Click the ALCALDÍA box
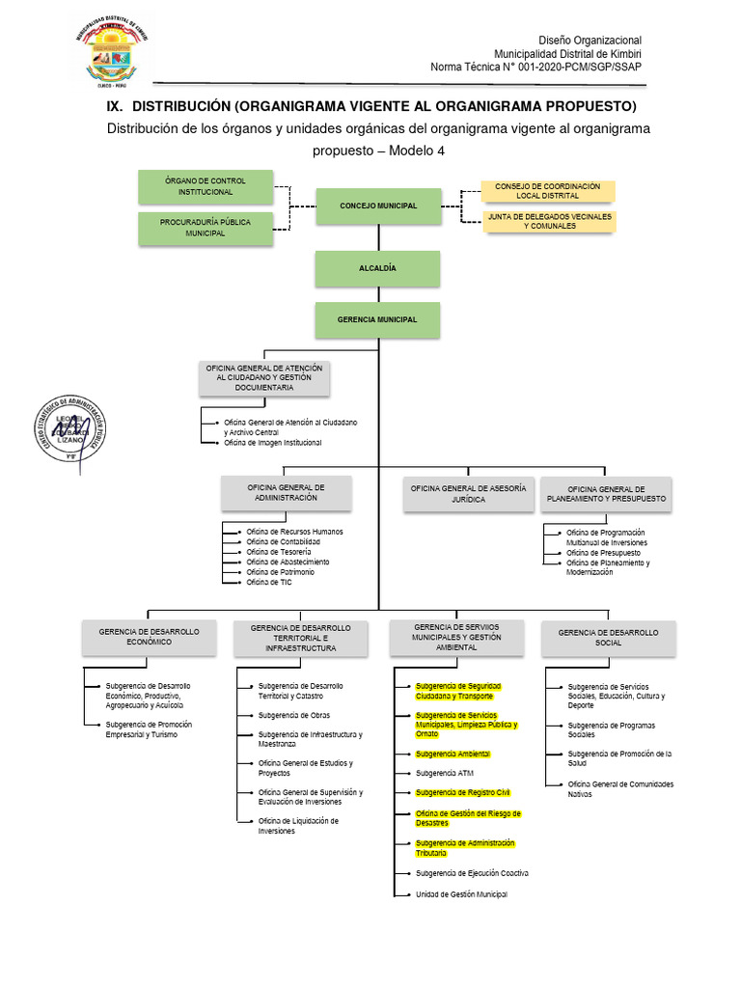(378, 268)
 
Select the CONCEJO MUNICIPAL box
(378, 206)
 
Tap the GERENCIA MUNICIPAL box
(378, 319)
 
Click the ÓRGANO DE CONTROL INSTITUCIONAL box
(205, 186)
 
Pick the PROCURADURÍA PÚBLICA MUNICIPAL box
(205, 228)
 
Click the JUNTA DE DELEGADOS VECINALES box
(549, 221)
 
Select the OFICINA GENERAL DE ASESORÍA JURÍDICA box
(468, 494)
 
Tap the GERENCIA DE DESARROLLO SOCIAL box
(608, 638)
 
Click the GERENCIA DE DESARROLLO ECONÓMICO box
(149, 637)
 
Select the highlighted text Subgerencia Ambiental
(453, 754)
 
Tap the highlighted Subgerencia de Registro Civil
(462, 792)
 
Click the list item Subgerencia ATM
(445, 773)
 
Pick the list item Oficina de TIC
(268, 582)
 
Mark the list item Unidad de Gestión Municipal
(461, 894)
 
